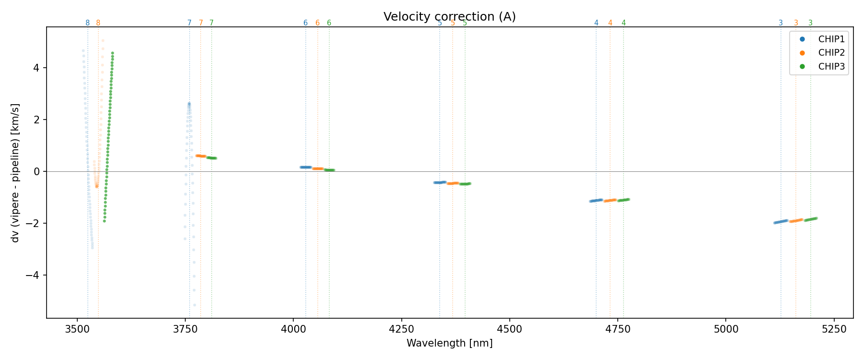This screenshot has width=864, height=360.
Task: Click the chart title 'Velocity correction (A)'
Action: pos(449,17)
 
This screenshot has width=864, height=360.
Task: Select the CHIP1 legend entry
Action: pos(831,39)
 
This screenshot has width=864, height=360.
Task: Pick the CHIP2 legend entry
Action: pos(831,53)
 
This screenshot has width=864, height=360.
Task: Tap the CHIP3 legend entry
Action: pos(831,67)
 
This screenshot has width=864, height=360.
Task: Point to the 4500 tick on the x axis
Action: pos(509,329)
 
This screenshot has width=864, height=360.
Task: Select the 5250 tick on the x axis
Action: pos(834,329)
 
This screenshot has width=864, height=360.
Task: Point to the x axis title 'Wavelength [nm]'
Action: pos(449,343)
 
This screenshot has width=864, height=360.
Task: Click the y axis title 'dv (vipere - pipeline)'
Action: pos(15,173)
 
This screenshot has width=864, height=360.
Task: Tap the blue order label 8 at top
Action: pos(87,23)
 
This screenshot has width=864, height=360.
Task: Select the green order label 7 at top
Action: pos(211,23)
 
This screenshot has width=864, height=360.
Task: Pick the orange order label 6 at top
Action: pos(317,23)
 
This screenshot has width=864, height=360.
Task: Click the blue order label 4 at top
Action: pos(596,23)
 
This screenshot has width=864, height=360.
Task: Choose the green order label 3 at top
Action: pos(810,23)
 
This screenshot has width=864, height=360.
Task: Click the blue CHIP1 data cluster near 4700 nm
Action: pos(596,200)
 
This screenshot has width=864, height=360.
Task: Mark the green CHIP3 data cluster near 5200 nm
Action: pos(811,219)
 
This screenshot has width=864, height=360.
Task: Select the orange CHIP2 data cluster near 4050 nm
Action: pos(318,168)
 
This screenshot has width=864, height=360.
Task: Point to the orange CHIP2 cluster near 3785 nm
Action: pos(201,156)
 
